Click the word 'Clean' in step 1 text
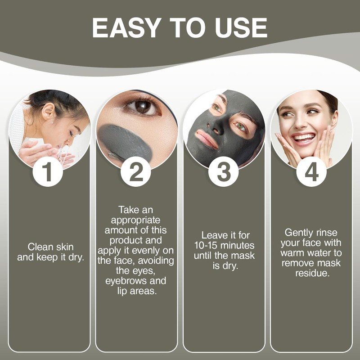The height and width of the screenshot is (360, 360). pos(39,247)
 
